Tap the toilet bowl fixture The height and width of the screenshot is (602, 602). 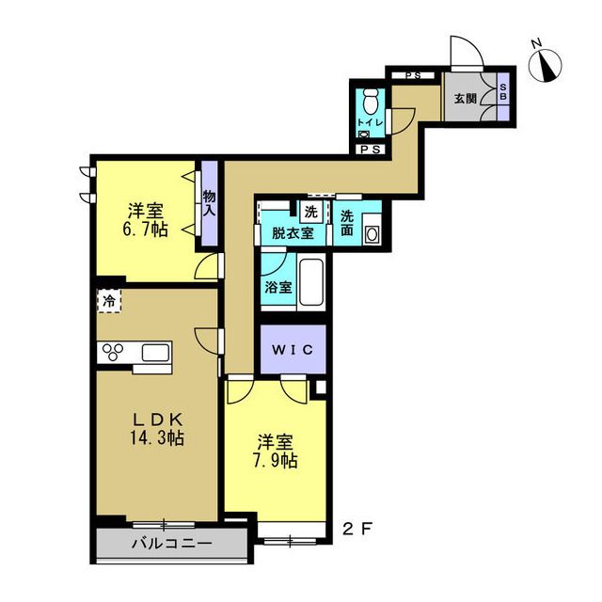pos(370,102)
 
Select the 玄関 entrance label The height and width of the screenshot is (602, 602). pos(466,99)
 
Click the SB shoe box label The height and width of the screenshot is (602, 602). pos(503,92)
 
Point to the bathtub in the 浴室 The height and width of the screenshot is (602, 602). pos(311,282)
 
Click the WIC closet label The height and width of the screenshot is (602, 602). pos(293,349)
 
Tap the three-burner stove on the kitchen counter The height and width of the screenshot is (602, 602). pos(113,352)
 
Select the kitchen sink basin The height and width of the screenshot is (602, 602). pos(155,352)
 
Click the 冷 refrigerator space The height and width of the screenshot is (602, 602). pos(109,301)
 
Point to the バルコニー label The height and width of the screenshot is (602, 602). pos(172,544)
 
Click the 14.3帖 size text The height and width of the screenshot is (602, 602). pos(157,437)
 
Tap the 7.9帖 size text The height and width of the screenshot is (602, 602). pos(276,460)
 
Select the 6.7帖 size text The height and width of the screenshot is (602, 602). pos(145,230)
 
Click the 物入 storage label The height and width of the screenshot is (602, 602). pos(209,203)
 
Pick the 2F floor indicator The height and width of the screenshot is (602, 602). pos(357,530)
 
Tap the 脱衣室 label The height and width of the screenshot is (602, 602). pos(293,233)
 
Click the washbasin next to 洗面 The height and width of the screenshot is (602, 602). pos(372,233)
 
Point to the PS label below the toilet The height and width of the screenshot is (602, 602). pos(371,150)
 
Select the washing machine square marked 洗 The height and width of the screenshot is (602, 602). pos(310,212)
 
